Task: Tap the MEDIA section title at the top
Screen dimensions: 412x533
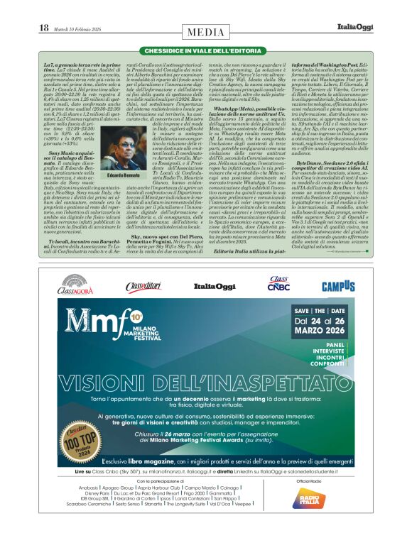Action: (x=206, y=32)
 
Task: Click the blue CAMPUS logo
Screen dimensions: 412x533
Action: (x=337, y=286)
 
